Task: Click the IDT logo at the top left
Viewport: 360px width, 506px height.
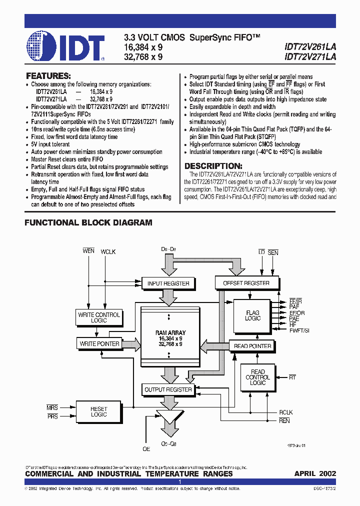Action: click(x=65, y=46)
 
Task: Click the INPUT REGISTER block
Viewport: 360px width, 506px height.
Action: click(x=168, y=283)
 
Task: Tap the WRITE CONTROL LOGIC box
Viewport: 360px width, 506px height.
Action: click(x=99, y=317)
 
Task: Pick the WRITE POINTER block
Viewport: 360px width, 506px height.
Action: click(x=99, y=343)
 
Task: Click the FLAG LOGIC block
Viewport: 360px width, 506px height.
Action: click(x=252, y=315)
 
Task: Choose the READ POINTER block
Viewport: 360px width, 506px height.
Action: click(x=252, y=346)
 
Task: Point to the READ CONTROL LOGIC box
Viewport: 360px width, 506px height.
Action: click(x=257, y=377)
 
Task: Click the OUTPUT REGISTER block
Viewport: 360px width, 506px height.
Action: click(x=168, y=389)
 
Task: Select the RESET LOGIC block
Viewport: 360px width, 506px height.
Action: click(x=98, y=411)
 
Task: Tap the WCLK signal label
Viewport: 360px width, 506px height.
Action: click(x=108, y=252)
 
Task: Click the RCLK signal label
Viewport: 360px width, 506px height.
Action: click(x=286, y=413)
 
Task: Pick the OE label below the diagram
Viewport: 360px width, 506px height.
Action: click(x=146, y=449)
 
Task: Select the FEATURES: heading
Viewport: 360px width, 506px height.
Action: click(x=48, y=76)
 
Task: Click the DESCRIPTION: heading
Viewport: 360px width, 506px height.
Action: click(x=213, y=166)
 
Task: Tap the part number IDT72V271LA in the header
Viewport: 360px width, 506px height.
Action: click(x=310, y=57)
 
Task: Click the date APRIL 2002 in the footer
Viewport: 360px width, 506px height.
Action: click(x=315, y=473)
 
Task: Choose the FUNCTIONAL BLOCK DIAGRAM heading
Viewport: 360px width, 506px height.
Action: click(x=88, y=222)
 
